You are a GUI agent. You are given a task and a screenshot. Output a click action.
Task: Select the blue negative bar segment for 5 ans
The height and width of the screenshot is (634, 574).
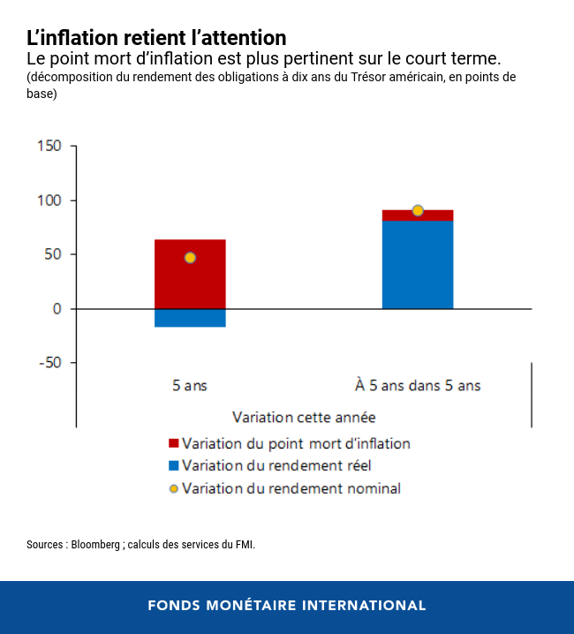(x=190, y=318)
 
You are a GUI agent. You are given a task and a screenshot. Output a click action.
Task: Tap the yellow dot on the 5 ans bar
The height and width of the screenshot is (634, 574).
(x=190, y=258)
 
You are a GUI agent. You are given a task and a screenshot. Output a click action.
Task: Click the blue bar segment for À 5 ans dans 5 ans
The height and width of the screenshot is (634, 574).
(x=418, y=265)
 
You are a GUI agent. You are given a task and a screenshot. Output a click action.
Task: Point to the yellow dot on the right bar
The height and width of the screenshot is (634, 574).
(x=418, y=210)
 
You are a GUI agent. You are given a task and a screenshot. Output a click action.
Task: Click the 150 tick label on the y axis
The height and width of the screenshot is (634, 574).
(x=49, y=147)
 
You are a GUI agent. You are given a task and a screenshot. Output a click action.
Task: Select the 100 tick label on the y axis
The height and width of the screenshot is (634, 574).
(x=49, y=200)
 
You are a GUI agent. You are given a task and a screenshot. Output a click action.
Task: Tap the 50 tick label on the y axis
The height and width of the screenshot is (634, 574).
(x=53, y=255)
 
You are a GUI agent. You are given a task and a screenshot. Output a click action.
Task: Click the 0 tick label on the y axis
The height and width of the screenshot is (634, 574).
(x=57, y=309)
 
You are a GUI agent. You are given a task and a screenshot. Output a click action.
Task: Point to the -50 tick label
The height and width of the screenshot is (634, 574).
(x=50, y=363)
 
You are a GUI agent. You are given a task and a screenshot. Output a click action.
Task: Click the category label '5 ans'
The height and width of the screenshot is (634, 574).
(x=190, y=385)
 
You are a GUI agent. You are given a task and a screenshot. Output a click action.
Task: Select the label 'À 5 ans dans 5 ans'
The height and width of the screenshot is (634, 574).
(x=418, y=385)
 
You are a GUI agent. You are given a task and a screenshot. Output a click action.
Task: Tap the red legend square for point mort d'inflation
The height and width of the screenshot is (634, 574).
(x=173, y=443)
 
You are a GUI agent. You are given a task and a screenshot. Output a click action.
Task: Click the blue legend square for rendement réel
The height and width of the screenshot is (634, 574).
(x=173, y=465)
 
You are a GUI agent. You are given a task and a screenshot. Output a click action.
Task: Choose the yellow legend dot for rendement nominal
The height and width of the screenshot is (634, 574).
(x=173, y=488)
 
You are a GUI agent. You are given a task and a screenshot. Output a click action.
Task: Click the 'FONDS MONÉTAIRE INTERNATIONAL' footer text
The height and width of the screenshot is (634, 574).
(x=287, y=606)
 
